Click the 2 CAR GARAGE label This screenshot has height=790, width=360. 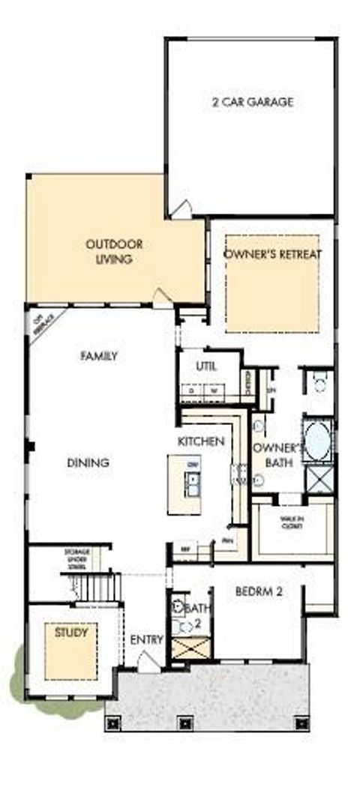coord(251,102)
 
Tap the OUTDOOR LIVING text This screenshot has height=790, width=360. coord(114,252)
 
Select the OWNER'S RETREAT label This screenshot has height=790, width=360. coord(273,255)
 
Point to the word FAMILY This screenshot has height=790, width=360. coord(99,356)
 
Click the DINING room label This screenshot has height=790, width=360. coord(89,462)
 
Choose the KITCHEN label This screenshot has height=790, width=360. coord(201,441)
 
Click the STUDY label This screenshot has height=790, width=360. coord(71,633)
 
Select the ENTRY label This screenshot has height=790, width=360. coord(146,639)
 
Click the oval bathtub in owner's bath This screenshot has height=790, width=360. coord(318,440)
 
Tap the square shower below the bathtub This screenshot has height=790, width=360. coord(319,477)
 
